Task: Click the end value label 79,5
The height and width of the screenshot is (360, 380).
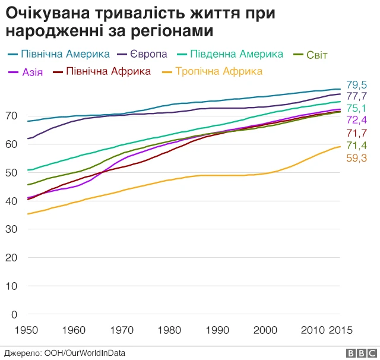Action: [356, 85]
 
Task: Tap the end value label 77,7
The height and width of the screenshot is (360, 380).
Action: [356, 96]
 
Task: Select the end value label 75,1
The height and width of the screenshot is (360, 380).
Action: [356, 108]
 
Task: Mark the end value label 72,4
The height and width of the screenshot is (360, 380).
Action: [356, 121]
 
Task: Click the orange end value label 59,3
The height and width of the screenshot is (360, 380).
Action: [356, 158]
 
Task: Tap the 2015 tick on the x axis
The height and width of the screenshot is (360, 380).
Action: [341, 330]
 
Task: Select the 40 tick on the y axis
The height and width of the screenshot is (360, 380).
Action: [12, 201]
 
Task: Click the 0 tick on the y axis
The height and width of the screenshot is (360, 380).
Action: [15, 314]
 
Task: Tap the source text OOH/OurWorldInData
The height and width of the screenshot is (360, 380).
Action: [85, 353]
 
